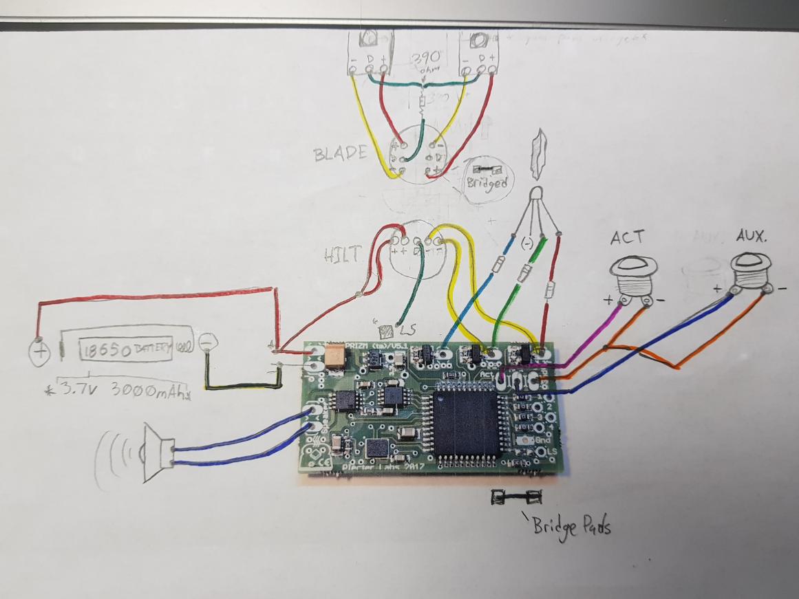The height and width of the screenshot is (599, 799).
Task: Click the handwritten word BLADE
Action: (341, 153)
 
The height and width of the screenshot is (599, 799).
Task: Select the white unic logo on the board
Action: (518, 380)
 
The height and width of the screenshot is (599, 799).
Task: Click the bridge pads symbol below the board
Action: (515, 497)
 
